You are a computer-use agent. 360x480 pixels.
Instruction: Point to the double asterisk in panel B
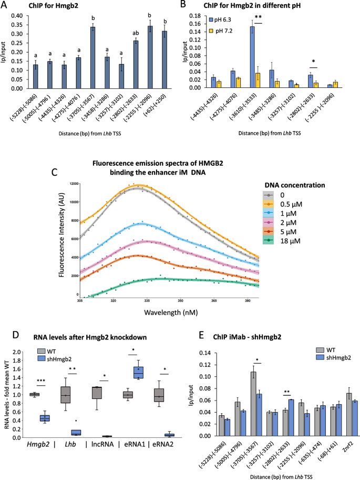tap(258, 16)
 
